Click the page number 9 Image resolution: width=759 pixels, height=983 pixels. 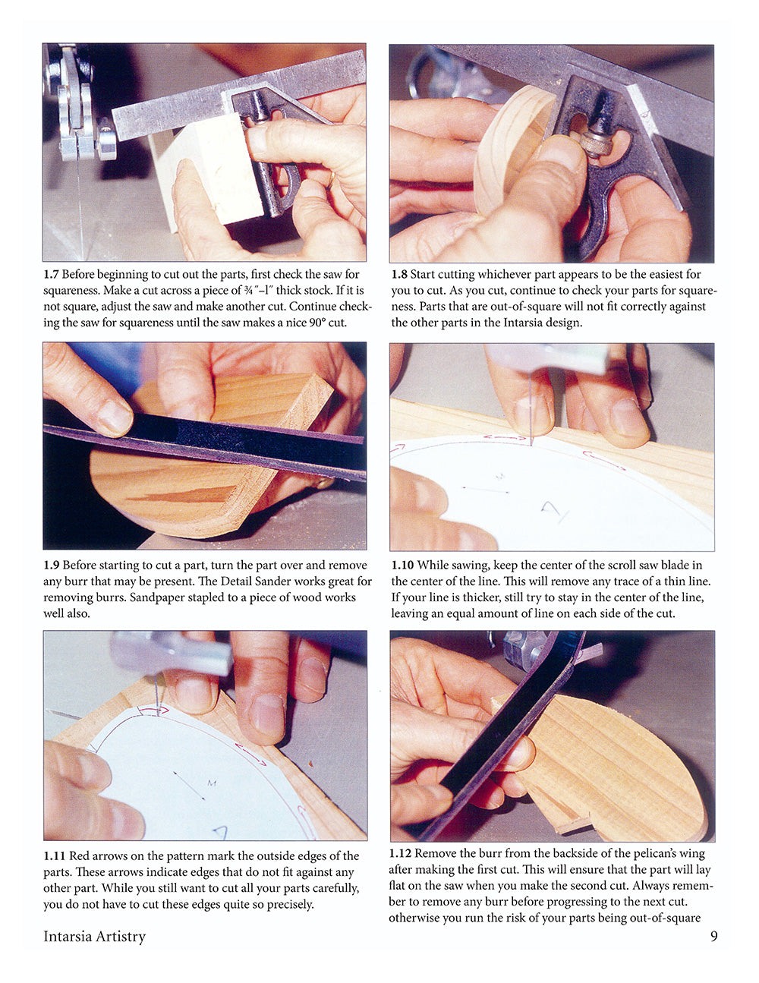click(x=713, y=936)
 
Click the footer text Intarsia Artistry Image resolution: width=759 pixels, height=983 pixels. click(x=94, y=936)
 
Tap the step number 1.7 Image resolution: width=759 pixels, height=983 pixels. click(x=52, y=274)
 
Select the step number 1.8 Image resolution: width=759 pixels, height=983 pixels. click(x=399, y=274)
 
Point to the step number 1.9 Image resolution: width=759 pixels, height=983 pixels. click(x=52, y=565)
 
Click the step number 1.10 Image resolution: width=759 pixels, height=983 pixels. click(x=402, y=565)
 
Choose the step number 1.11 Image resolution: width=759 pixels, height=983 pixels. click(x=54, y=855)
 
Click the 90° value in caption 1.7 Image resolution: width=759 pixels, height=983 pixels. click(x=311, y=323)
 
